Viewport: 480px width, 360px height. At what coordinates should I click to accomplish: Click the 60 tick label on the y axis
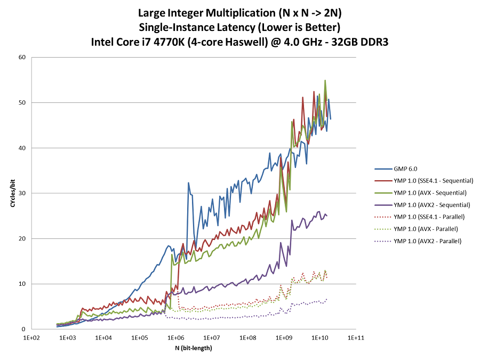(23, 57)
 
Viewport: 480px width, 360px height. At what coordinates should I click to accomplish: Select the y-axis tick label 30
(23, 193)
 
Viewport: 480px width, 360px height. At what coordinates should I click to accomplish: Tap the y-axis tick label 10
(23, 284)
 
